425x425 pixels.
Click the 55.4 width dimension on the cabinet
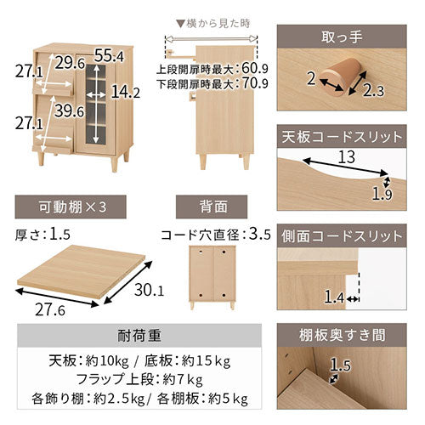109,55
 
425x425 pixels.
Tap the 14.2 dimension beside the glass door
126,92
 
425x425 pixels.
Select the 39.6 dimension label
70,110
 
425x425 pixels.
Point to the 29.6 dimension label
70,63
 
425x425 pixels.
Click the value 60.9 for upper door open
255,68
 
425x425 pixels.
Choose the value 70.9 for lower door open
255,83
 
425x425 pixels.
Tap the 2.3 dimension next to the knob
373,91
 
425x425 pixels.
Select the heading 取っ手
342,37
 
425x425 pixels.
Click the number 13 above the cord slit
347,156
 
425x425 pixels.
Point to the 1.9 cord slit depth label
382,195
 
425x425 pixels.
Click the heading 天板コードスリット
342,137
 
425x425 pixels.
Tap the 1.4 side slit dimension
334,297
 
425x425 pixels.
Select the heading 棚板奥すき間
342,335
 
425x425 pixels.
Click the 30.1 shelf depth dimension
150,290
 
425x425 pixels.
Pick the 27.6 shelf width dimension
50,309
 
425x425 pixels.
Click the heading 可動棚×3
72,207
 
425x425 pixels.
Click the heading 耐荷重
139,336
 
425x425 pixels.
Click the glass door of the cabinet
96,104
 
